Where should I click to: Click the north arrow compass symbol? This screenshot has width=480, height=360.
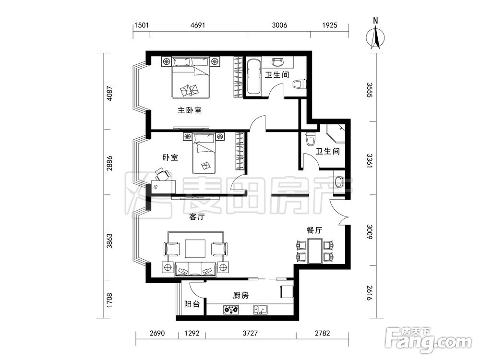[x=376, y=36]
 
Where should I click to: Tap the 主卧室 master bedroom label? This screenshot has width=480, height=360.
[x=190, y=110]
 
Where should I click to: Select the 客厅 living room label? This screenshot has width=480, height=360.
[x=197, y=217]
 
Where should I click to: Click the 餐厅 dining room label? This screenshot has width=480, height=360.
[x=314, y=230]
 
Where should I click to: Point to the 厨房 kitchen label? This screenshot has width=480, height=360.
[x=240, y=296]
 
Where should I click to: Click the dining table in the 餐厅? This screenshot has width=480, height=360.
[x=315, y=251]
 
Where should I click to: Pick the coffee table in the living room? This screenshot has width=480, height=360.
[x=195, y=250]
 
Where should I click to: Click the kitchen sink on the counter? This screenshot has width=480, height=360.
[x=261, y=310]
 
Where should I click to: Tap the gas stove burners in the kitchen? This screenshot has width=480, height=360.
[x=231, y=310]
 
